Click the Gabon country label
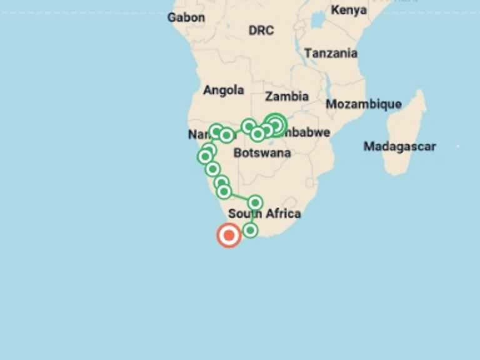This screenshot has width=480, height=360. (186, 17)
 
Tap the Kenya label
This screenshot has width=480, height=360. (349, 10)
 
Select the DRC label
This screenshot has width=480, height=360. (261, 30)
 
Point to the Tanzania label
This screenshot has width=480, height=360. (331, 53)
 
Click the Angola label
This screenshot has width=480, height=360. (223, 90)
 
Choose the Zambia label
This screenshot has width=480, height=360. (287, 96)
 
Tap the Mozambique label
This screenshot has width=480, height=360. (363, 104)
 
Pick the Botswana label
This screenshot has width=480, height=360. (262, 152)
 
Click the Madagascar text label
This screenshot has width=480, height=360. (399, 146)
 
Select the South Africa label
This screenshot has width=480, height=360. (264, 214)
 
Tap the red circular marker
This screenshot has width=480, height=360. (229, 236)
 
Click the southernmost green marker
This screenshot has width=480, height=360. (250, 231)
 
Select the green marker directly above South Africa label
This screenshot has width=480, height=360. (254, 202)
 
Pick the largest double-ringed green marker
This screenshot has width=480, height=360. (276, 124)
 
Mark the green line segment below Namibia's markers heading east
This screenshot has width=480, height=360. (239, 197)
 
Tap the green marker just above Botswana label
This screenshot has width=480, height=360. (257, 134)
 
